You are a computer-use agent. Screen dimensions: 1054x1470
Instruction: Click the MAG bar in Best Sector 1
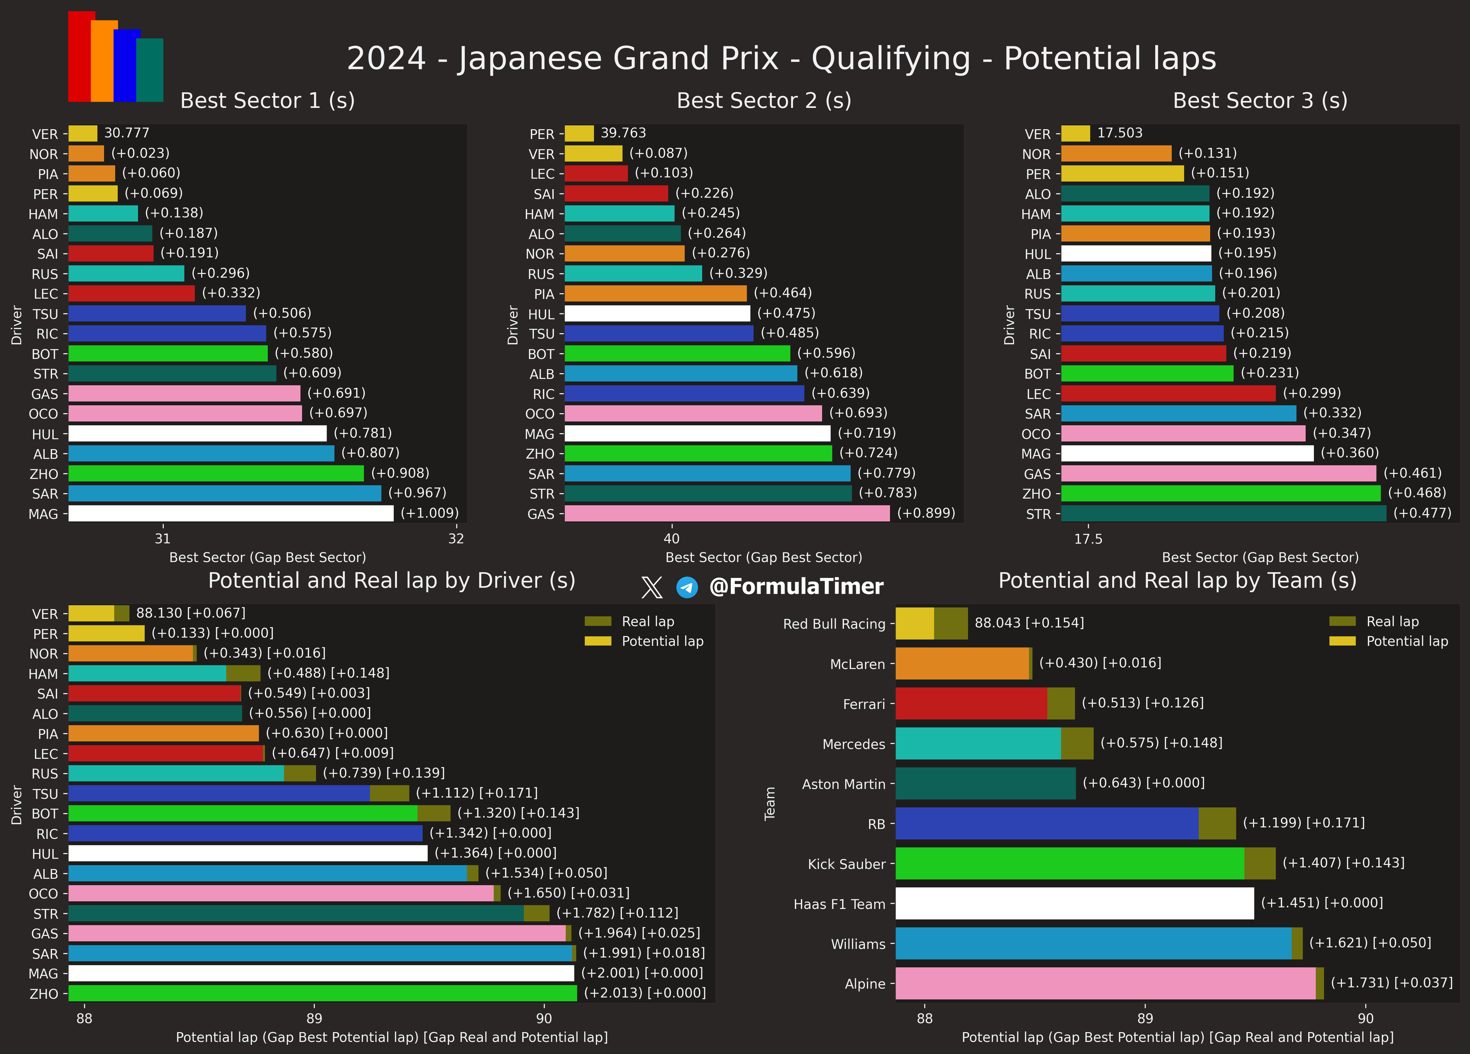coord(231,513)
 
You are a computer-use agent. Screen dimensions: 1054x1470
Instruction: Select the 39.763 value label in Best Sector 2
coord(623,133)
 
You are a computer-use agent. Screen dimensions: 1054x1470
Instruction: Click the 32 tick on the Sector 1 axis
coord(456,539)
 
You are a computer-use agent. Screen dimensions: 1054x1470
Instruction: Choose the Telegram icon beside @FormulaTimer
coord(687,587)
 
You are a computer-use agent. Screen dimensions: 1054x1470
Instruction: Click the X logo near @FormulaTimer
coord(651,587)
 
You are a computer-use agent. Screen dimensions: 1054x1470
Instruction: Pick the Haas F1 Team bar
coord(1074,903)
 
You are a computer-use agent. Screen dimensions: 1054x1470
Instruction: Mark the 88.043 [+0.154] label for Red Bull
coord(1029,623)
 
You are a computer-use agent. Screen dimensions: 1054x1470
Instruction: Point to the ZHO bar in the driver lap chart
coord(322,993)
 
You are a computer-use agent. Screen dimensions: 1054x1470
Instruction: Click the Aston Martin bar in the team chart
coord(985,783)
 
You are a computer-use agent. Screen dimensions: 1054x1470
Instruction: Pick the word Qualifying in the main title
coord(890,59)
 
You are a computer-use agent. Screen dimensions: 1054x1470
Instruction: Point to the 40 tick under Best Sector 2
coord(671,539)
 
